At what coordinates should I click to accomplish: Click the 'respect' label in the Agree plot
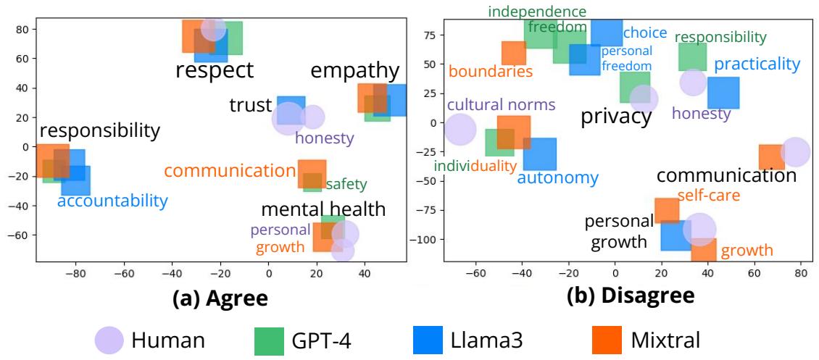215,70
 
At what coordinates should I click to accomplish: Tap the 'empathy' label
354,71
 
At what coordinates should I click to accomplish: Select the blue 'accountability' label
112,201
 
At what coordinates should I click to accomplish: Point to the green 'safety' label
346,185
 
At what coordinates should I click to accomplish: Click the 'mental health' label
323,210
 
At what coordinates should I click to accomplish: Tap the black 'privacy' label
616,117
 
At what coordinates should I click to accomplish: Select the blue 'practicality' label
757,64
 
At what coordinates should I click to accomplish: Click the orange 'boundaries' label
491,72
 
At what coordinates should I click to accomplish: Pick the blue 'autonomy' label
557,178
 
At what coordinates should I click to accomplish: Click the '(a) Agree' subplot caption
220,298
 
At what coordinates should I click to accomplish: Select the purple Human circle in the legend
110,340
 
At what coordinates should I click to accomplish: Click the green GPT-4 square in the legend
269,340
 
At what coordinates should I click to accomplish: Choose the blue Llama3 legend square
428,340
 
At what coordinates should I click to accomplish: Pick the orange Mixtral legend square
607,340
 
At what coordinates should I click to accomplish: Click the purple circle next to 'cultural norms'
460,130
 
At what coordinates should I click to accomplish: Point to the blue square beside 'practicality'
723,93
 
